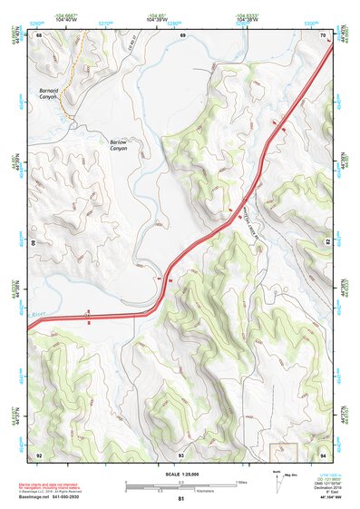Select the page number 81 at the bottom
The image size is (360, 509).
tap(180, 499)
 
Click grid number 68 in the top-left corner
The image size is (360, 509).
tap(39, 34)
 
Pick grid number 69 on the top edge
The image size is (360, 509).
tap(182, 34)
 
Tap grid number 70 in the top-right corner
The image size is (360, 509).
tap(323, 34)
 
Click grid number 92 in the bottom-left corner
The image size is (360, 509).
tap(39, 454)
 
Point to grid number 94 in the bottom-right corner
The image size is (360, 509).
tap(323, 454)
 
